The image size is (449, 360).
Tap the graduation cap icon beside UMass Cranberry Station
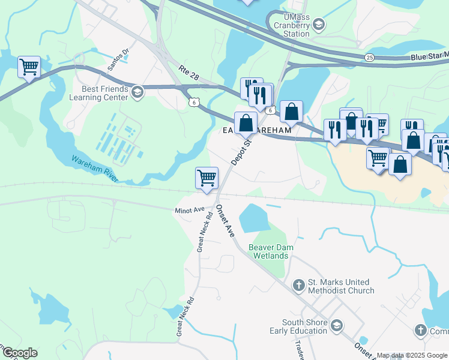coord(318,25)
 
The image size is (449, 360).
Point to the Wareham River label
coord(95,169)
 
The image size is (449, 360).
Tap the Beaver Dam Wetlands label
coord(268,251)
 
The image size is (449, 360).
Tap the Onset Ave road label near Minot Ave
coord(224,221)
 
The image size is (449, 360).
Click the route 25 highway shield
coord(369,57)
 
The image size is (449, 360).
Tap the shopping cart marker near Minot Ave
coord(206,178)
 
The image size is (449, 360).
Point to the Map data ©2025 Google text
coord(412,355)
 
